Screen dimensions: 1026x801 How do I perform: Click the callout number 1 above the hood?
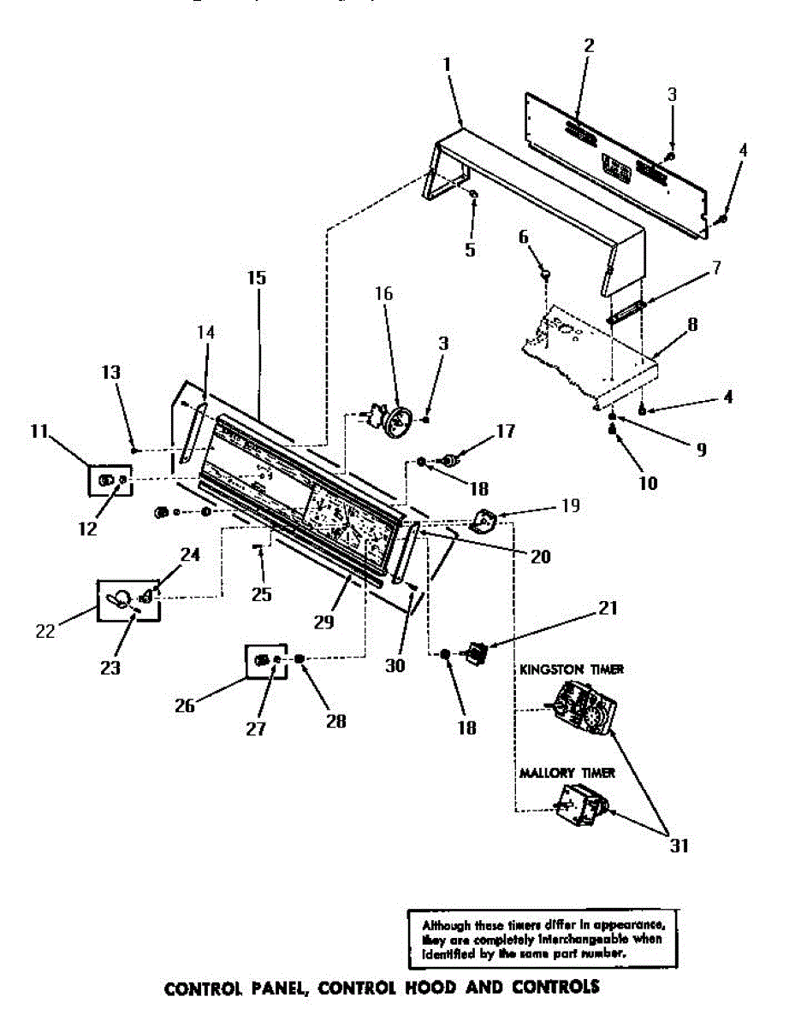448,64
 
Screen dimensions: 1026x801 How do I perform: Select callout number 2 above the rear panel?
589,46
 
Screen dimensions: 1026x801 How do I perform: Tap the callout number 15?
257,278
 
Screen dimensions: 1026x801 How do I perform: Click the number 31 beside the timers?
679,846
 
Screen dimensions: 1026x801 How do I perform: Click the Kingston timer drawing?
584,710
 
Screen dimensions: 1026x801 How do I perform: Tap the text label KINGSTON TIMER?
572,669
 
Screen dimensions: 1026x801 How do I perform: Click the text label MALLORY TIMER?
567,773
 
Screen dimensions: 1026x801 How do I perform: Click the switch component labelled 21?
476,656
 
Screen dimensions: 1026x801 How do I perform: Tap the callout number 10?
648,483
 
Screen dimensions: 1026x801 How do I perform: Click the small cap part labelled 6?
546,274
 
